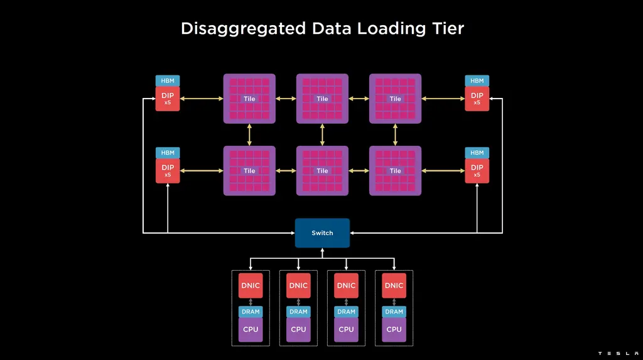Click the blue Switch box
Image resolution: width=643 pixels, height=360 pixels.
(x=322, y=233)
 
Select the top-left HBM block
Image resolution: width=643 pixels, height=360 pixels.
(x=168, y=80)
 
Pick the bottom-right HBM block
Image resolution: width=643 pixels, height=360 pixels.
(x=477, y=153)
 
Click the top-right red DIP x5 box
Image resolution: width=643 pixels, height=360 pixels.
(x=477, y=99)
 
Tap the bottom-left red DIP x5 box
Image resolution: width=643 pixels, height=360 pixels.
(x=168, y=170)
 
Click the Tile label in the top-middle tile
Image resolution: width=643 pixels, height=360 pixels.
(x=322, y=99)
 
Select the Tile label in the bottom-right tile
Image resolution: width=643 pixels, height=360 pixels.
(x=395, y=171)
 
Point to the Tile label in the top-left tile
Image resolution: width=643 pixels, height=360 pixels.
(x=249, y=99)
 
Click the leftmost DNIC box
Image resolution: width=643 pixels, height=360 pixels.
(x=251, y=285)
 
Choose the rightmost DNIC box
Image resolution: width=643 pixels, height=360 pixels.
(x=394, y=285)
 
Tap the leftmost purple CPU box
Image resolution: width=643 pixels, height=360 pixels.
(x=251, y=329)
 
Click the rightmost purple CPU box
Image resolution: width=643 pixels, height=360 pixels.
(x=394, y=329)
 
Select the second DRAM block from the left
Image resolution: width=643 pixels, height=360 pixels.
(x=298, y=312)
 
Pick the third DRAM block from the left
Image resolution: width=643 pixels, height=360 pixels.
(x=346, y=312)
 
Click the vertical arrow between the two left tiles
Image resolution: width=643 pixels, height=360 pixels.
(x=249, y=134)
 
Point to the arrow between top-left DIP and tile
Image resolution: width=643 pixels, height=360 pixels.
(x=202, y=99)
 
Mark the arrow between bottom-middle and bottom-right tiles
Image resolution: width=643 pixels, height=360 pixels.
(x=359, y=171)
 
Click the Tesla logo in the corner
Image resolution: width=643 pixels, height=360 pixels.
(x=619, y=354)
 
